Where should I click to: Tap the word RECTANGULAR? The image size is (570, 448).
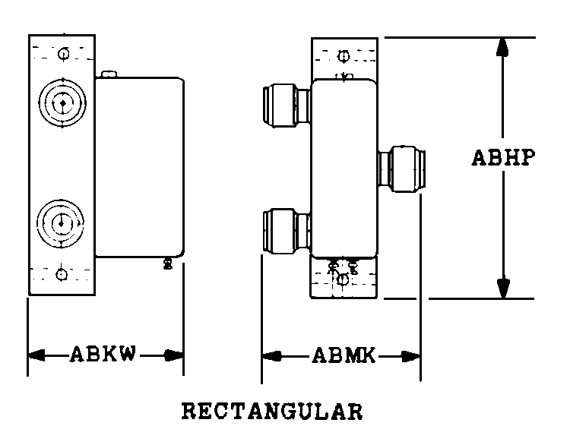click(x=273, y=412)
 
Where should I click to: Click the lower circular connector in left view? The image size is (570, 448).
click(x=61, y=222)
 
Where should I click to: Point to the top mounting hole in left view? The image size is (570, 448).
click(x=63, y=53)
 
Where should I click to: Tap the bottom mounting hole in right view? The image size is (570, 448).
click(x=343, y=279)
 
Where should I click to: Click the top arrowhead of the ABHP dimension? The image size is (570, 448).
click(x=502, y=46)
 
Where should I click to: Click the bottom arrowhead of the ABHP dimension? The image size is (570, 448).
click(x=502, y=289)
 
